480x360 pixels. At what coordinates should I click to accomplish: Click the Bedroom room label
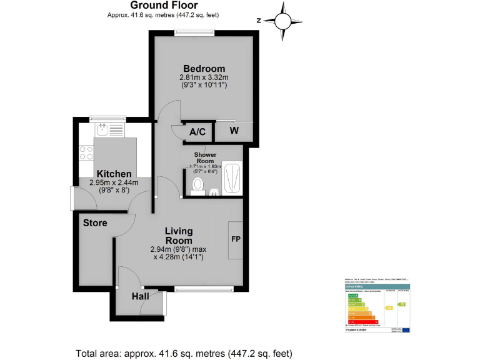tap(204, 69)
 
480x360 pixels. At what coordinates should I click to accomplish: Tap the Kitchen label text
tap(113, 174)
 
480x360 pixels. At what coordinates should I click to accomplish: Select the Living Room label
tap(178, 236)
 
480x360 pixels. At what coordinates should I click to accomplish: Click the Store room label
tap(95, 222)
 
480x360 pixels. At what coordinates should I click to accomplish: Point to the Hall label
tap(140, 296)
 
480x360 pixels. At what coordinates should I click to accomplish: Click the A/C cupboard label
tap(197, 132)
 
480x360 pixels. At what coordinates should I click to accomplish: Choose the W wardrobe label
tap(234, 131)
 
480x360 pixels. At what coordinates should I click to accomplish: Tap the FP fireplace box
tap(236, 240)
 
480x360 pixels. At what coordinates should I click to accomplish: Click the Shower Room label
tap(205, 157)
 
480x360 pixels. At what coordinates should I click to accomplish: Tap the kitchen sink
tap(103, 130)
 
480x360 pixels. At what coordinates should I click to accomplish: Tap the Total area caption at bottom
tap(184, 352)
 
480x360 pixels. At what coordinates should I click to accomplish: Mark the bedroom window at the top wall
tap(194, 34)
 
